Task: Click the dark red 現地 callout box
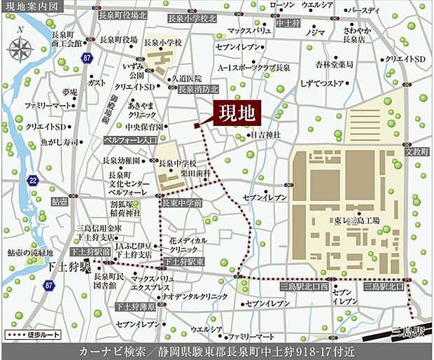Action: click(x=237, y=113)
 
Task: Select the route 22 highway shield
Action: click(x=33, y=180)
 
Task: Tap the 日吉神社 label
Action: click(x=265, y=134)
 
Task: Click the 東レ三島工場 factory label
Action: click(x=356, y=220)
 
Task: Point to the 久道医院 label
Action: click(x=186, y=78)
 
